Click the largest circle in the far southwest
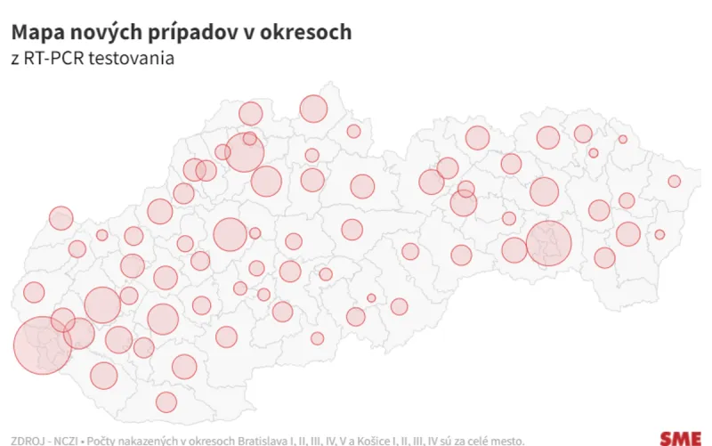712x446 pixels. pyautogui.click(x=42, y=345)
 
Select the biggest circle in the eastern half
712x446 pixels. pyautogui.click(x=549, y=242)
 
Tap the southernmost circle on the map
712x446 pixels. pyautogui.click(x=166, y=402)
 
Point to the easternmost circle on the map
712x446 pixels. pyautogui.click(x=675, y=182)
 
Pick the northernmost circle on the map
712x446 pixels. pyautogui.click(x=313, y=109)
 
